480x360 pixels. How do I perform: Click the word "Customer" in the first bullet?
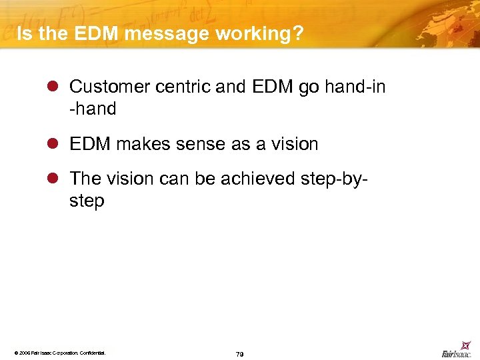(x=108, y=87)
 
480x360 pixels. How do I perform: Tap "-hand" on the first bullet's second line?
(x=93, y=109)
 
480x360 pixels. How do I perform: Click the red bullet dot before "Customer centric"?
(x=55, y=87)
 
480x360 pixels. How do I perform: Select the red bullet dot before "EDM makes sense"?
(x=55, y=145)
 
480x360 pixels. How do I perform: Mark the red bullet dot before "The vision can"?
(x=55, y=179)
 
